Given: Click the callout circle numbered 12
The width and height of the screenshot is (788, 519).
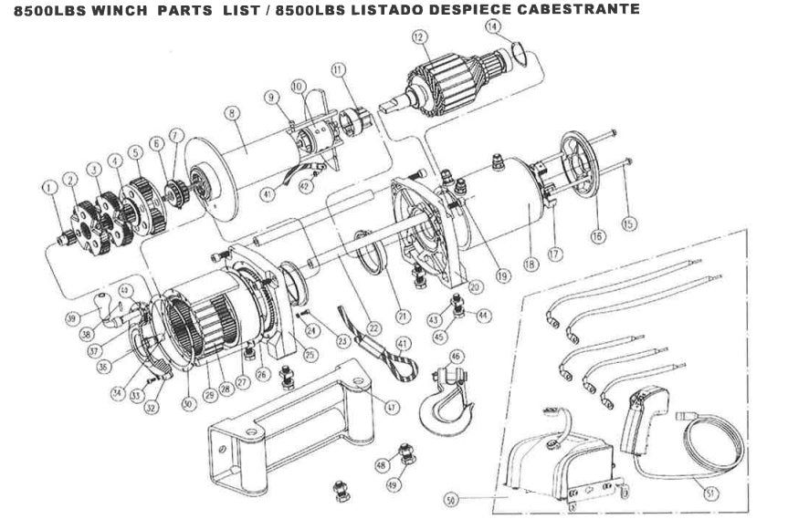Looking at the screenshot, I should [419, 37].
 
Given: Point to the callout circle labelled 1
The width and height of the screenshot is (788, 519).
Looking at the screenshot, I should [47, 187].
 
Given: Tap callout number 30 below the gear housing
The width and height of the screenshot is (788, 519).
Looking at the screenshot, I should [188, 401].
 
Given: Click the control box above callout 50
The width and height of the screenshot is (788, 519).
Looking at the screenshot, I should [562, 461].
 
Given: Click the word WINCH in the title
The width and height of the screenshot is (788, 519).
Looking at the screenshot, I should [120, 9].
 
